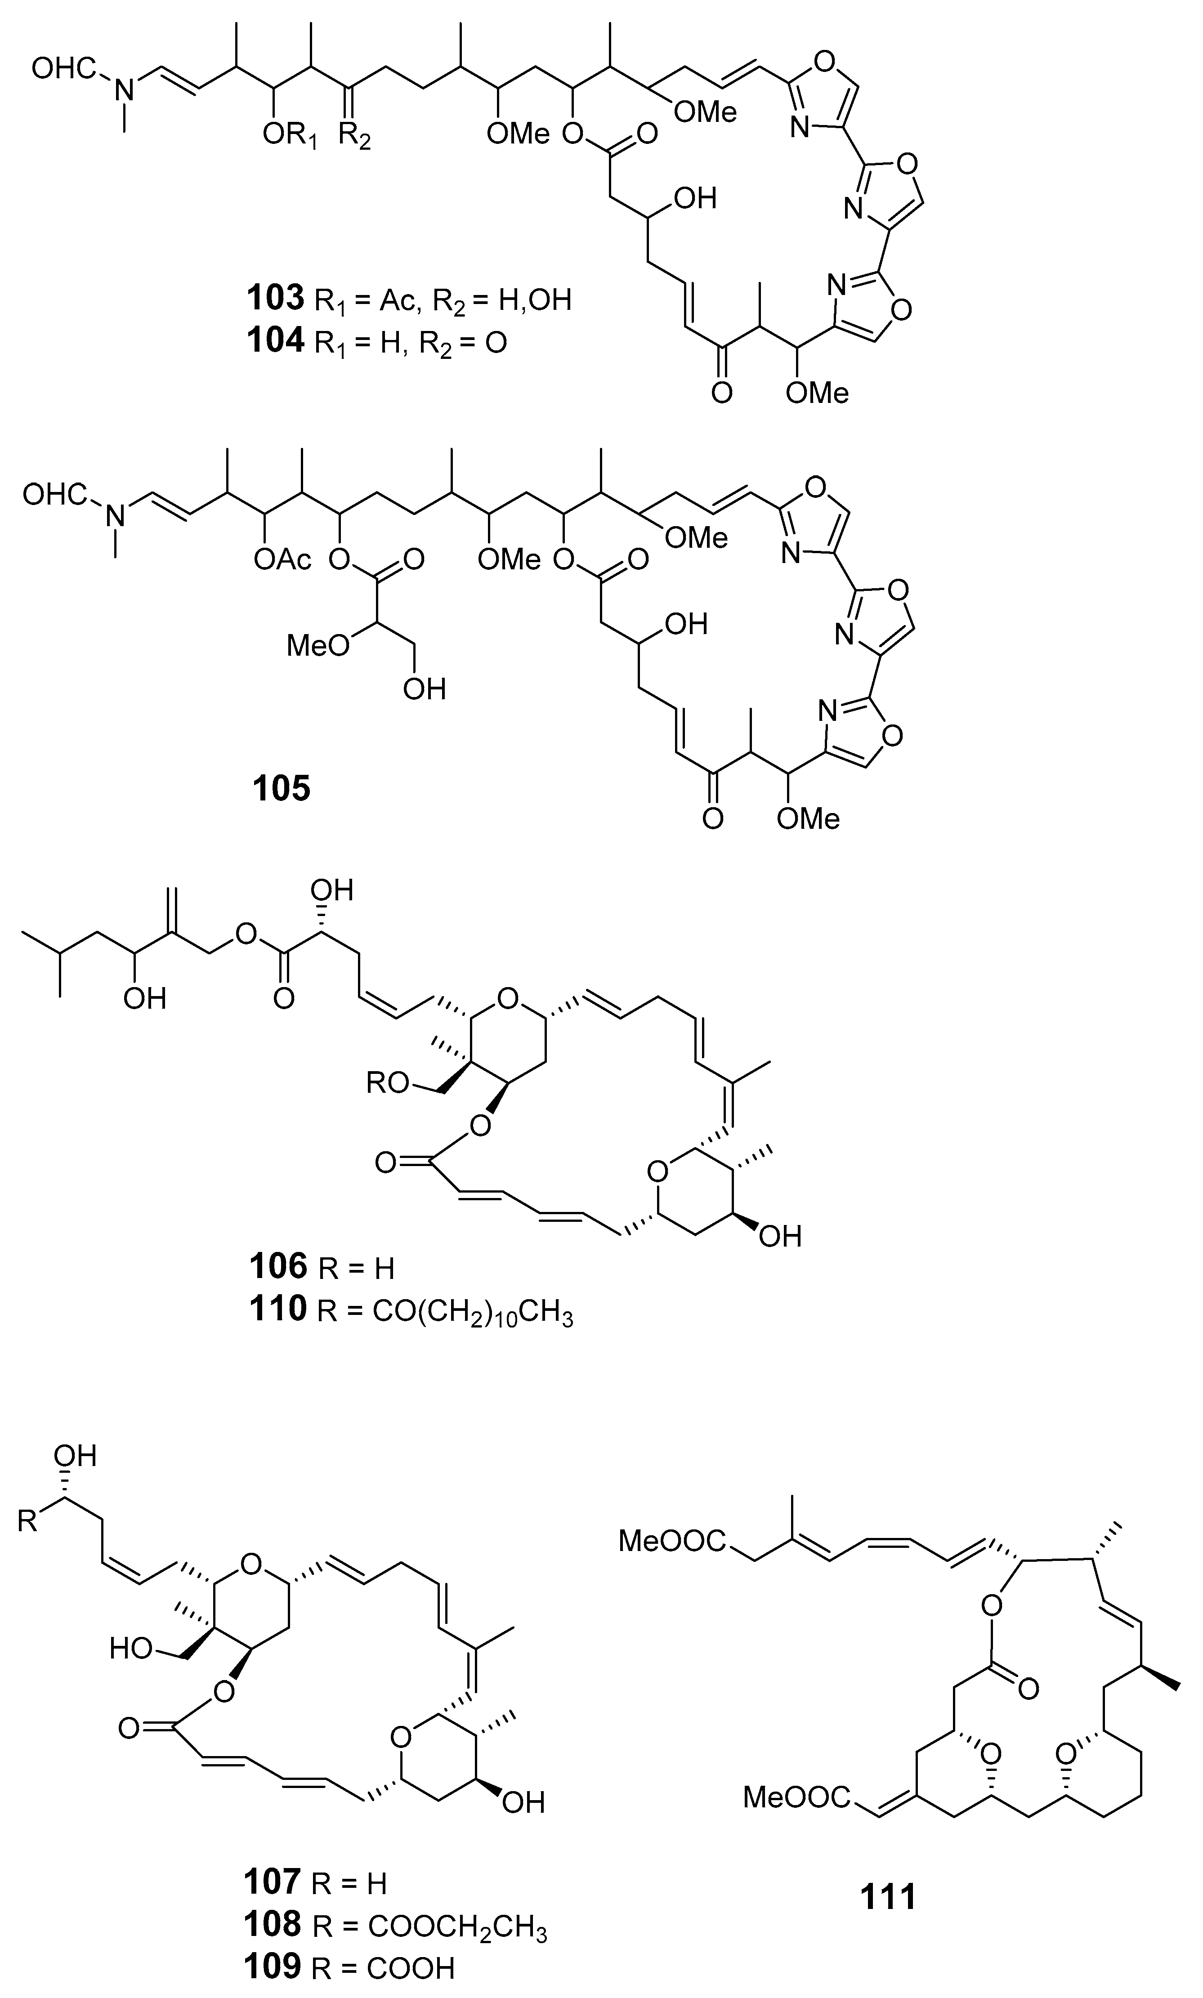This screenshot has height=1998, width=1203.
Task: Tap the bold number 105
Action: [x=281, y=787]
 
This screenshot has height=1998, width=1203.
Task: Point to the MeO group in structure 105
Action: [x=318, y=645]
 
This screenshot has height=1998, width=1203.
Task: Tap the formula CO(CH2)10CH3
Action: [x=473, y=1311]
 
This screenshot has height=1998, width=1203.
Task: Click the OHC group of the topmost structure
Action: [x=63, y=70]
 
